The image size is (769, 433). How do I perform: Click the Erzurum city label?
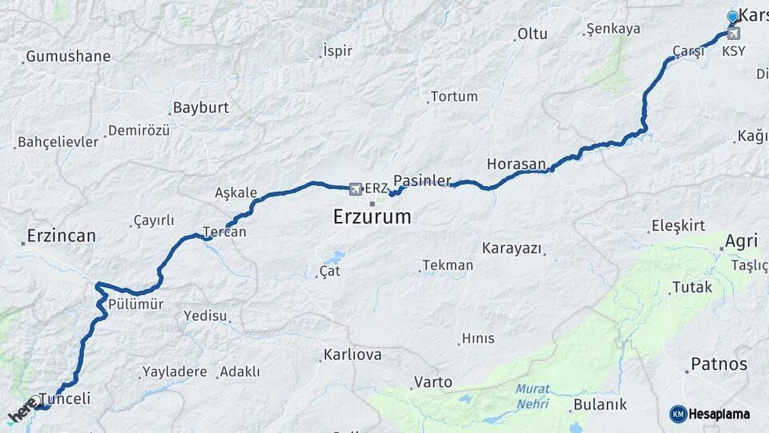click(372, 216)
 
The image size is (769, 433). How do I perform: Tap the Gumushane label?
click(68, 57)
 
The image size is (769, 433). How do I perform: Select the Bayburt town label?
click(201, 107)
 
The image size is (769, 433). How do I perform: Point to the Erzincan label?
click(61, 236)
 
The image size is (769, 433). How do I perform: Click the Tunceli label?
click(65, 399)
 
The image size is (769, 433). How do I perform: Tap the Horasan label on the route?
click(516, 164)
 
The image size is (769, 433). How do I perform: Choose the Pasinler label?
click(423, 180)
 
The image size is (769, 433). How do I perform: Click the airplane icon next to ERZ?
click(356, 189)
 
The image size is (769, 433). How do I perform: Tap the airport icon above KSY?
click(733, 34)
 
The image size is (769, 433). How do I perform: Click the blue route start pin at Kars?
click(732, 18)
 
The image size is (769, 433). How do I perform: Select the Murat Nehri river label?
click(533, 395)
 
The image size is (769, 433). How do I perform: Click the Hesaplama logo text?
click(719, 414)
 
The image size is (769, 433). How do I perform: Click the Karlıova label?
click(352, 354)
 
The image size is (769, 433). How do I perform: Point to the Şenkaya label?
click(614, 29)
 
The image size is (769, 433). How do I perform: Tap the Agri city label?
click(741, 241)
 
